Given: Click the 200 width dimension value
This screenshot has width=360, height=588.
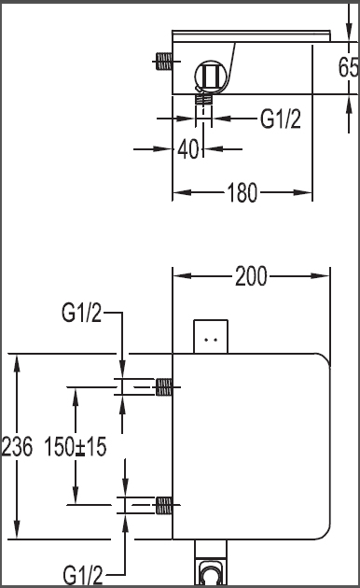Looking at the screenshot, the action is pos(251,276).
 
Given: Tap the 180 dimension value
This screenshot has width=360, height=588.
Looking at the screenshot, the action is pos(242,193).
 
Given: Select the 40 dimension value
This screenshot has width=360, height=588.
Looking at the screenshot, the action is pos(188,149).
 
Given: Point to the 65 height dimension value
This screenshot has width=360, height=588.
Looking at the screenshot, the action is pos(349,67).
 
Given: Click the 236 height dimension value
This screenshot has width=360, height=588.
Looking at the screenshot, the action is pos(17,447).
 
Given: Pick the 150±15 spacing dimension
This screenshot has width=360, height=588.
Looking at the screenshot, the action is pos(76,447).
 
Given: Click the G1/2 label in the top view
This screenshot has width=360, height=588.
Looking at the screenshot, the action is pos(281,119).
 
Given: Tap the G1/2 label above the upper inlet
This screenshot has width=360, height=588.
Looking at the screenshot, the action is pos(82,313).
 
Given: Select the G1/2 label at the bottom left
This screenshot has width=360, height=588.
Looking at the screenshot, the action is pos(83,574).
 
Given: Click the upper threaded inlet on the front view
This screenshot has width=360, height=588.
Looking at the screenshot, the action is pos(164,387).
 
